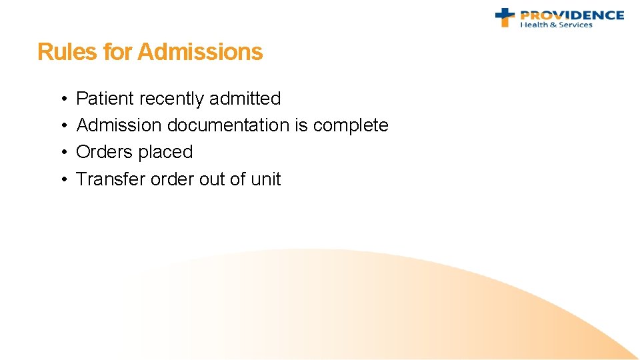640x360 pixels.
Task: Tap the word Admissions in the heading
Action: click(x=200, y=52)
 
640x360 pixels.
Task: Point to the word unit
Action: click(x=266, y=179)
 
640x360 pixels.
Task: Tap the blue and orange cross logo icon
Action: click(x=505, y=17)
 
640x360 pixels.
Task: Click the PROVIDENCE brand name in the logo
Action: click(x=572, y=15)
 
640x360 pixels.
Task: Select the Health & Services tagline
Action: click(x=556, y=25)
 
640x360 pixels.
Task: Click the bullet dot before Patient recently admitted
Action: click(x=61, y=99)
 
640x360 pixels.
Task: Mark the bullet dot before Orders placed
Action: click(x=61, y=153)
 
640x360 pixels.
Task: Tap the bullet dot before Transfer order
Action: click(x=61, y=180)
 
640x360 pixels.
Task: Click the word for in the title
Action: click(x=117, y=52)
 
